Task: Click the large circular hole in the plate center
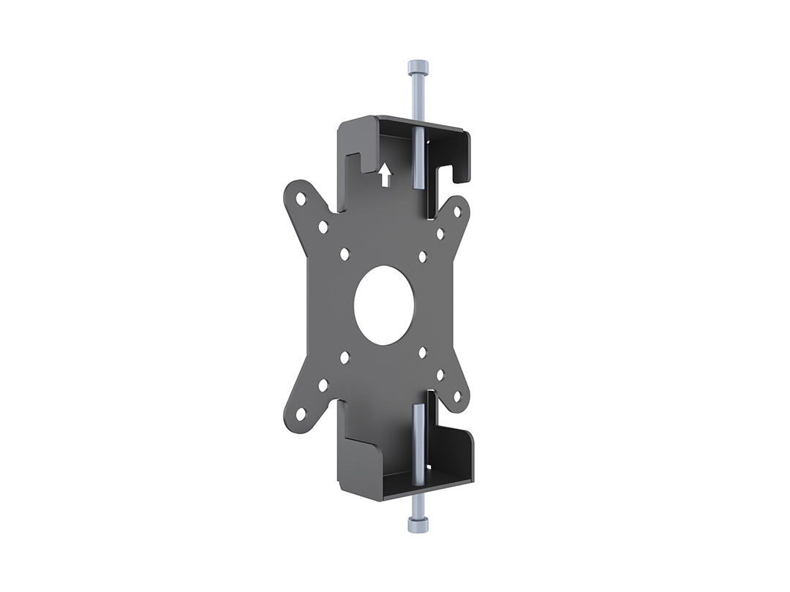[x=384, y=304]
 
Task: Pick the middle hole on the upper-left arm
[x=323, y=227]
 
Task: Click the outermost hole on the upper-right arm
[x=457, y=211]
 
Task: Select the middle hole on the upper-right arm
[x=440, y=234]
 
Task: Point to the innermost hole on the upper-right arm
[x=423, y=257]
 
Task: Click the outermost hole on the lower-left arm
[x=301, y=414]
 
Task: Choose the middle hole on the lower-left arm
[x=323, y=384]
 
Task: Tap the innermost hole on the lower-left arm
[x=345, y=357]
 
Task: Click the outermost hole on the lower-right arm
[x=457, y=397]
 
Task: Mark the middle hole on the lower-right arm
[x=440, y=374]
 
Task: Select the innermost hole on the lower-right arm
[x=423, y=352]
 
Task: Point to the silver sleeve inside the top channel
[x=415, y=157]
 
